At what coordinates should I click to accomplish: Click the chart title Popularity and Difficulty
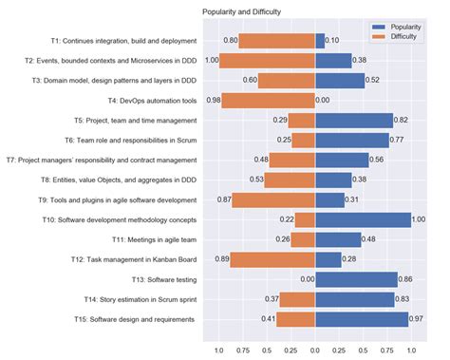254,11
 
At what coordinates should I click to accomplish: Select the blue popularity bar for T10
363,219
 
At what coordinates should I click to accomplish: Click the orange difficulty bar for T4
270,101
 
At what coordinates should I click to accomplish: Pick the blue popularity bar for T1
320,41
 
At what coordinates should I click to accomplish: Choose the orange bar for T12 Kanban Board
273,259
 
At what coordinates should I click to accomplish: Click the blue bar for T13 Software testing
356,279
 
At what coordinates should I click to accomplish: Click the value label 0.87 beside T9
224,200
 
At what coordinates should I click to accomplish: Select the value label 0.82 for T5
402,121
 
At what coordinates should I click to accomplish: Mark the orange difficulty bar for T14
298,299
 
